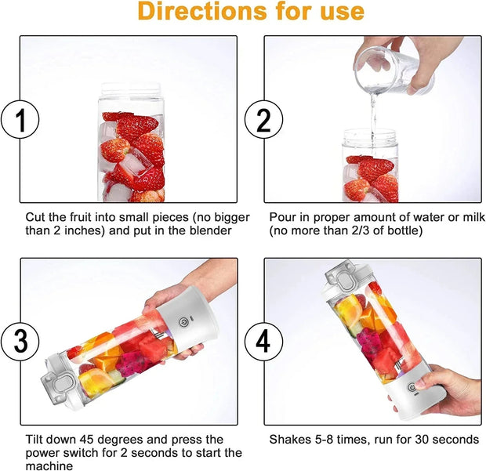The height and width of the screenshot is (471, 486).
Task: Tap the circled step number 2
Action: [259, 120]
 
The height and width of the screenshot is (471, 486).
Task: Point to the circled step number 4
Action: [259, 342]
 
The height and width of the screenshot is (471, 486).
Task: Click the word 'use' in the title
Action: [339, 12]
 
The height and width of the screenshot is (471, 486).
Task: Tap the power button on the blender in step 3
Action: [182, 320]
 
